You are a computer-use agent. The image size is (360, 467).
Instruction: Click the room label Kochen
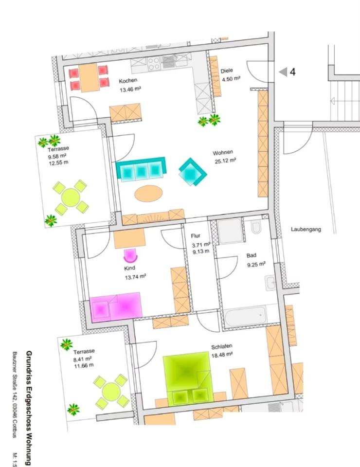(x=128, y=81)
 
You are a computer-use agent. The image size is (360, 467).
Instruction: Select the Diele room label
(x=226, y=71)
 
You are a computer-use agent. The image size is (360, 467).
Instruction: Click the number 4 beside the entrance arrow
(x=292, y=72)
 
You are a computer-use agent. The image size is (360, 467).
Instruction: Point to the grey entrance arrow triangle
(x=283, y=72)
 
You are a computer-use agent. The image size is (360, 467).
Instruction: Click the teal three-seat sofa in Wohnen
(x=141, y=169)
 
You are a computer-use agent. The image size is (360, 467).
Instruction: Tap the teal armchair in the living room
(x=193, y=172)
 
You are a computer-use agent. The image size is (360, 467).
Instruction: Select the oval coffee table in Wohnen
(x=148, y=194)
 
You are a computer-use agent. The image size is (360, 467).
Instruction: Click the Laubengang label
(x=306, y=230)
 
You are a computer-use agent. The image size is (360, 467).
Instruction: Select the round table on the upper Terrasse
(x=71, y=198)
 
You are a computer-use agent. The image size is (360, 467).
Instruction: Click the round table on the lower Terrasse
(x=111, y=391)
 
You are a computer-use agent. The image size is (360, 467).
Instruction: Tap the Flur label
(x=196, y=236)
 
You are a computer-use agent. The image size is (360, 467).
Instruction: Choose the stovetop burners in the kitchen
(x=154, y=63)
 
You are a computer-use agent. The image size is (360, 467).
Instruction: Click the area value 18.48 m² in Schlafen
(x=222, y=355)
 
